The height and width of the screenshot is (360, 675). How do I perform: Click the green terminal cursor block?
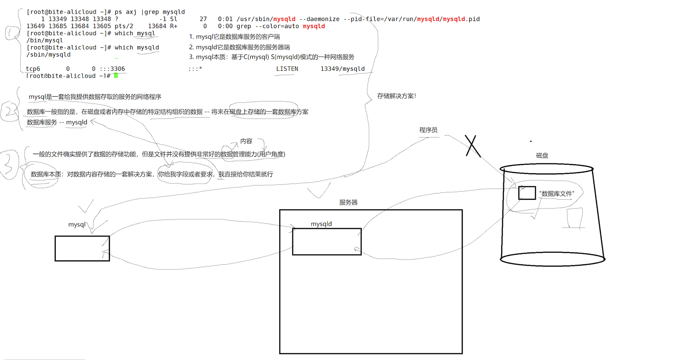click(116, 76)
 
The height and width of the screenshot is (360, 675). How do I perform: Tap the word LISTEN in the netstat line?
click(287, 69)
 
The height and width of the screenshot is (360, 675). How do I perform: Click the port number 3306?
click(118, 69)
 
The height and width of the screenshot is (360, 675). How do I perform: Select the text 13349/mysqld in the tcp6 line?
click(342, 69)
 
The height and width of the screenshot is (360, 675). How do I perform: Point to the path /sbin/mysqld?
click(48, 55)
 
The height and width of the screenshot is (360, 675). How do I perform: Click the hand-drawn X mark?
click(473, 146)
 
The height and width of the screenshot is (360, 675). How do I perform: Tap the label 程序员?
click(428, 130)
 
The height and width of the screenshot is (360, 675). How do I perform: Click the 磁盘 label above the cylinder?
click(542, 155)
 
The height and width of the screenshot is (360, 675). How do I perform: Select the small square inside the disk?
click(527, 193)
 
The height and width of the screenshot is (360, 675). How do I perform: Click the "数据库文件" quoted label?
click(557, 194)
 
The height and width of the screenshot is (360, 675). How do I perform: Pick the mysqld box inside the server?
click(327, 241)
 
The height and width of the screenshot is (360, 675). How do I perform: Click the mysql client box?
click(82, 248)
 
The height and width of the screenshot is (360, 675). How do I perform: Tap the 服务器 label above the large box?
click(348, 202)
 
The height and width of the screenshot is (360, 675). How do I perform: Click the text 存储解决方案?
click(397, 96)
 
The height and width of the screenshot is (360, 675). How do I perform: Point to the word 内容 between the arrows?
click(246, 141)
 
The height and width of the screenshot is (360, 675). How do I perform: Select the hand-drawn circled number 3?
click(10, 165)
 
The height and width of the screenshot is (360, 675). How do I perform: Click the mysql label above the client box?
click(77, 224)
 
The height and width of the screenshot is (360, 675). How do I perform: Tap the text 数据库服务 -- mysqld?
click(57, 122)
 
